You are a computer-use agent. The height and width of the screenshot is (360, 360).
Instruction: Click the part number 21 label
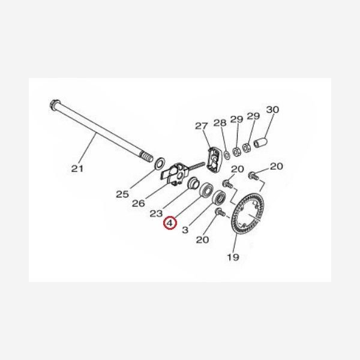click(77, 169)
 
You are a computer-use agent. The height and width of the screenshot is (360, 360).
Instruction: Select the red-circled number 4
click(171, 223)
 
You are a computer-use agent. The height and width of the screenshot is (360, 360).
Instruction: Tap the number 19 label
click(233, 257)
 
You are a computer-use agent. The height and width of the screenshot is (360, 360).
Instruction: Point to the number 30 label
click(273, 110)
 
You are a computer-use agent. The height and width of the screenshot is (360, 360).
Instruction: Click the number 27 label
click(201, 126)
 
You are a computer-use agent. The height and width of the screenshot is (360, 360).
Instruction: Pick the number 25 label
click(122, 194)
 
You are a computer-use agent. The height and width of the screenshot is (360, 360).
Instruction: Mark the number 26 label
click(139, 203)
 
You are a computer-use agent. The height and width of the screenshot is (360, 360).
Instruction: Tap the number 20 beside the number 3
click(202, 240)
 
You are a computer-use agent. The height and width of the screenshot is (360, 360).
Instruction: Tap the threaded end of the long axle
click(146, 158)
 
